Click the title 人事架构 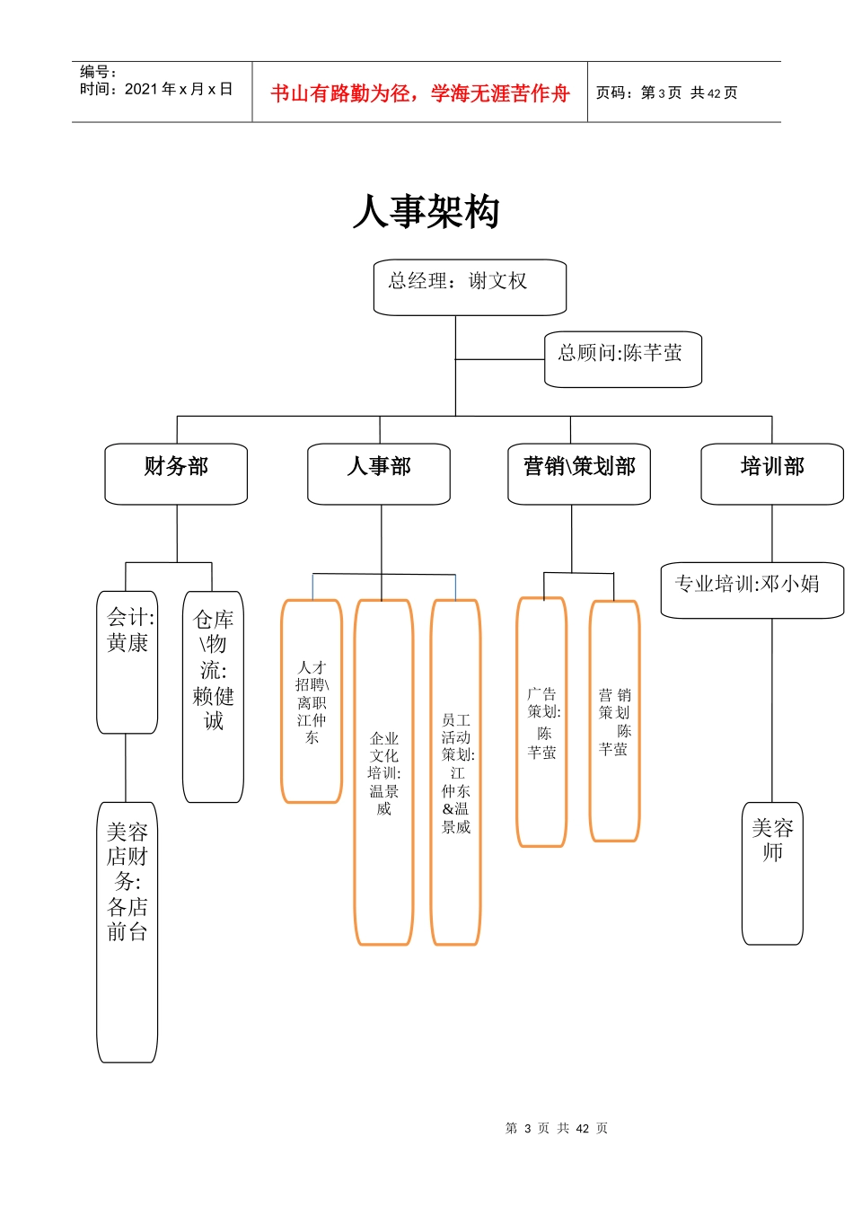[426, 212]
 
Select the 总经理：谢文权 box [470, 286]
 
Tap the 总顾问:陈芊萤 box [622, 359]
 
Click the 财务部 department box [176, 472]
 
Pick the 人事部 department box [379, 472]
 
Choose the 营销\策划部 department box [579, 472]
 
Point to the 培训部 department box [772, 472]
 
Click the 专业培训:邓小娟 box [752, 589]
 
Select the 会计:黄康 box [128, 661]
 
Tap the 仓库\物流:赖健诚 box [213, 696]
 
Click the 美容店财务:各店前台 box [127, 930]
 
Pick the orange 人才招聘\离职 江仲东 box [312, 700]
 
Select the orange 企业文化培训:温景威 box [383, 772]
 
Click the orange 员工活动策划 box [455, 772]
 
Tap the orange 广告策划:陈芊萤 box [541, 722]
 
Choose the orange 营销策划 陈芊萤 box [614, 721]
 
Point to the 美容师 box [772, 872]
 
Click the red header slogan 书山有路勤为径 [420, 93]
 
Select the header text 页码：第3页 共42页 [666, 93]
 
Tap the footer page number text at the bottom [557, 1128]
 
